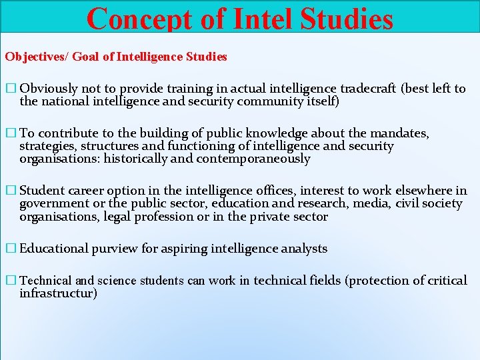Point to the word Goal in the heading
click(85, 57)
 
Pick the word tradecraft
click(369, 89)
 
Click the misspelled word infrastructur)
click(58, 293)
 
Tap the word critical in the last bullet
click(445, 281)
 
